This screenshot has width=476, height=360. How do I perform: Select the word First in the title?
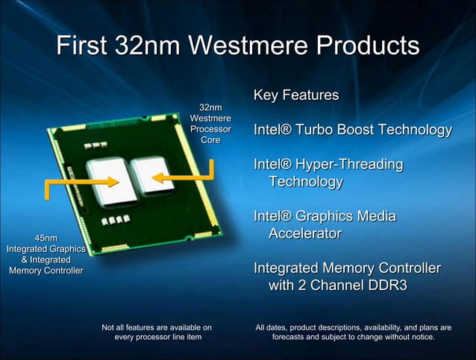pyautogui.click(x=84, y=45)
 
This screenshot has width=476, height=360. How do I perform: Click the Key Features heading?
pyautogui.click(x=296, y=95)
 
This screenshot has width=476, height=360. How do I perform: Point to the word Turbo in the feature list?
pyautogui.click(x=323, y=130)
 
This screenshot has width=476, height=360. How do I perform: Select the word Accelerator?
pyautogui.click(x=304, y=233)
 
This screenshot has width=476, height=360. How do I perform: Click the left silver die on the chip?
pyautogui.click(x=111, y=181)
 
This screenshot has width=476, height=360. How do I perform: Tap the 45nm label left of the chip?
pyautogui.click(x=46, y=238)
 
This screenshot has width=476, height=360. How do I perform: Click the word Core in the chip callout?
pyautogui.click(x=210, y=140)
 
